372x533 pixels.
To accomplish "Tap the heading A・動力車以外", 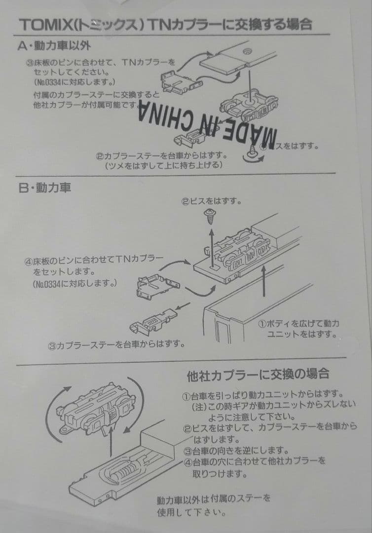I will [55, 46].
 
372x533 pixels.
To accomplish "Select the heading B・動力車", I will [45, 188].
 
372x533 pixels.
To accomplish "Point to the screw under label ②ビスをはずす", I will [210, 215].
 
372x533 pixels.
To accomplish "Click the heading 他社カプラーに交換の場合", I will [259, 375].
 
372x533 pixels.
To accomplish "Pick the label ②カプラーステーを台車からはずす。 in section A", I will [162, 156].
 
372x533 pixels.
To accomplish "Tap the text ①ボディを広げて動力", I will [299, 324].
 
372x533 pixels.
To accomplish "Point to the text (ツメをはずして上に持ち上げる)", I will [163, 165].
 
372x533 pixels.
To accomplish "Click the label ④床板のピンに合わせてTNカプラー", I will [94, 260].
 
